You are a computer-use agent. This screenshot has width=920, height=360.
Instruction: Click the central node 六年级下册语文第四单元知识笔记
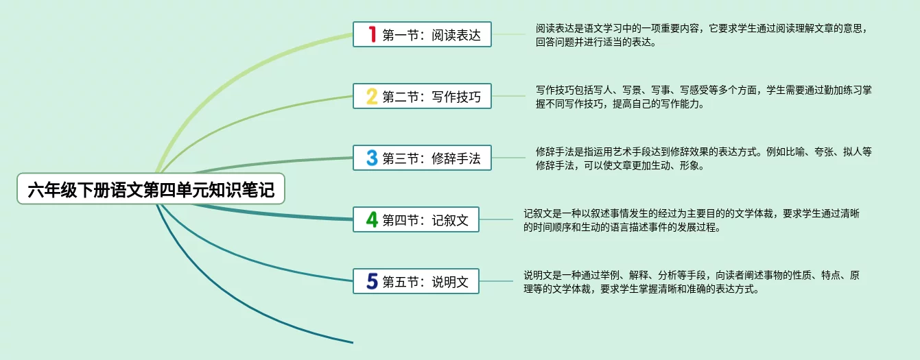pos(150,189)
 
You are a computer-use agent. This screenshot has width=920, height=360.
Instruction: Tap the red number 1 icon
pos(372,34)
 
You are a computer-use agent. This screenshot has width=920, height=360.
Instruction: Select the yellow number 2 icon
pos(372,96)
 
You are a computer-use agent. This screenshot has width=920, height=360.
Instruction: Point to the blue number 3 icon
pos(372,158)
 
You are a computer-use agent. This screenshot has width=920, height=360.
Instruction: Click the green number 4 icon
pos(372,219)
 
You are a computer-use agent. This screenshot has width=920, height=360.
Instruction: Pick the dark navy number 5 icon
pos(372,280)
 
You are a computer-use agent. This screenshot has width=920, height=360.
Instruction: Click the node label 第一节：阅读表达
pos(432,35)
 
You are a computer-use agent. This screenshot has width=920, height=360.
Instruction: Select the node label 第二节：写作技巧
pos(432,97)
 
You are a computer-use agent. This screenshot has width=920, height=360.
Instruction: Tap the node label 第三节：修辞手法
pos(432,158)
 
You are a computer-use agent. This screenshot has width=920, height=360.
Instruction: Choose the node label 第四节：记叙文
pos(425,220)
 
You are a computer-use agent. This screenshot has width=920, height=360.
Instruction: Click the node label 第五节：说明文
pos(425,281)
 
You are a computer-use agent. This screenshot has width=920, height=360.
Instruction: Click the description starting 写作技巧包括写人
pos(703,97)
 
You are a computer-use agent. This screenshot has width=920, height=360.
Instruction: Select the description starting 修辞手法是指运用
pos(703,158)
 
